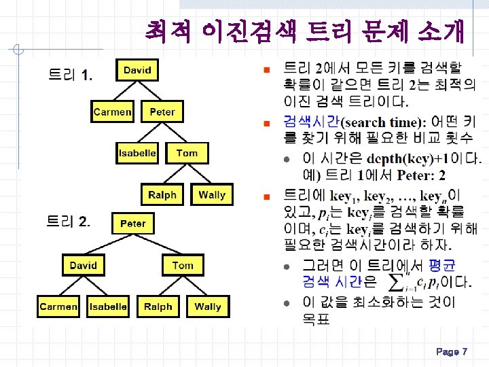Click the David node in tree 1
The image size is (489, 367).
point(137,70)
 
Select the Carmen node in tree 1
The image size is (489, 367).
point(112,111)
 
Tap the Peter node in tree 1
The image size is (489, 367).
point(162,111)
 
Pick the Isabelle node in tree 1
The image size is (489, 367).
point(137,153)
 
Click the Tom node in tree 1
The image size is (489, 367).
point(187,153)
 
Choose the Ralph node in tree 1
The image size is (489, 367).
point(162,195)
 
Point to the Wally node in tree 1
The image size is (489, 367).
point(212,195)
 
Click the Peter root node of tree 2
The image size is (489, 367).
point(133,224)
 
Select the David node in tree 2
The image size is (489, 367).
point(83,265)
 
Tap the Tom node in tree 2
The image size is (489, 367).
point(183,265)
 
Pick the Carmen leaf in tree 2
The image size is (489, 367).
point(58,307)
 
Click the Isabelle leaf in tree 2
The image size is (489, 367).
point(108,307)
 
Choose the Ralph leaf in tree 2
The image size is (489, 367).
point(158,307)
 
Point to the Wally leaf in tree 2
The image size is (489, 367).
point(208,307)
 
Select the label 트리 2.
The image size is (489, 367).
point(68,221)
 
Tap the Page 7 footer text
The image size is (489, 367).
point(452,352)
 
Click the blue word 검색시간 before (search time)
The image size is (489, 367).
point(310,122)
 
